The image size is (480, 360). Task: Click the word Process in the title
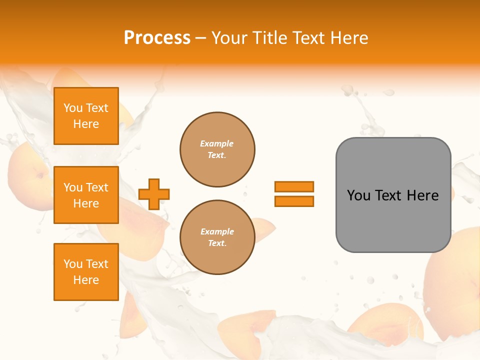pyautogui.click(x=157, y=38)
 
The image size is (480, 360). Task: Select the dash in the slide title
pyautogui.click(x=200, y=38)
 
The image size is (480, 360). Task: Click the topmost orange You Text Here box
pyautogui.click(x=86, y=116)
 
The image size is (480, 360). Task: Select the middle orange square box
pyautogui.click(x=86, y=195)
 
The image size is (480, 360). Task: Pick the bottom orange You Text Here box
pyautogui.click(x=86, y=272)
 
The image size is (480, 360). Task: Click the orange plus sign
pyautogui.click(x=154, y=194)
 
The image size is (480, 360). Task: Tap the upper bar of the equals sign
pyautogui.click(x=294, y=186)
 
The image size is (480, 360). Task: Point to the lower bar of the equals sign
pyautogui.click(x=294, y=201)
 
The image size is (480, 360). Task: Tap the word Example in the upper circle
pyautogui.click(x=216, y=143)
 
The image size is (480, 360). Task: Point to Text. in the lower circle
pyautogui.click(x=217, y=243)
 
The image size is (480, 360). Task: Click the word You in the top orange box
pyautogui.click(x=73, y=108)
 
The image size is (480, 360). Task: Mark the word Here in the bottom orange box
pyautogui.click(x=86, y=280)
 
